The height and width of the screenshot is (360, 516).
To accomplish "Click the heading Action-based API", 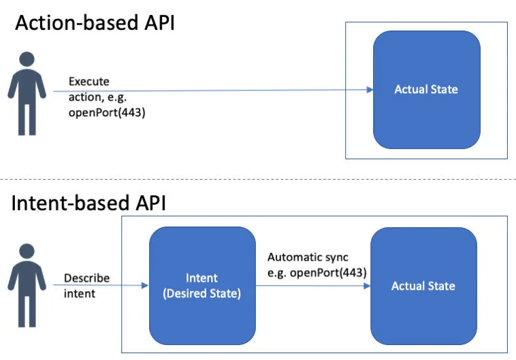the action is tap(95, 23).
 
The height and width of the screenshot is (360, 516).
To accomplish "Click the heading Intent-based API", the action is tap(88, 203).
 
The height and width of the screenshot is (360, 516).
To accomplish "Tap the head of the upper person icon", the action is tap(27, 59).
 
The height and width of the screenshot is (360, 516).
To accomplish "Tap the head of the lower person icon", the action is tap(27, 251).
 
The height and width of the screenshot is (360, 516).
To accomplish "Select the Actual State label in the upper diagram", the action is tap(426, 89).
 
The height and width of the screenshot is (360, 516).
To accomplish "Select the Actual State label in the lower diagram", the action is tap(423, 286).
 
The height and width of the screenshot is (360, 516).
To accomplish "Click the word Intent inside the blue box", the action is tap(201, 278).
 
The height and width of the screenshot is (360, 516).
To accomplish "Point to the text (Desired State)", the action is tap(201, 293).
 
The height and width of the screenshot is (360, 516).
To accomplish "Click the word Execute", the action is tap(89, 81).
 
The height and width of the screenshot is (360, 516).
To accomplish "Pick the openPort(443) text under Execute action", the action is tap(107, 112).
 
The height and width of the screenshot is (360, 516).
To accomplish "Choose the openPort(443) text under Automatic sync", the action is tap(328, 273).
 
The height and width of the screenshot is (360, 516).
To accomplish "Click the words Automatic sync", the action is tap(308, 257).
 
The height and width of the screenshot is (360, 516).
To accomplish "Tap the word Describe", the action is tap(87, 278).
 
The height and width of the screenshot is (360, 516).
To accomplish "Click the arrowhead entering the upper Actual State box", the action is tap(370, 90).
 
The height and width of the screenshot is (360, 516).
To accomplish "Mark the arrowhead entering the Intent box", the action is tap(145, 285).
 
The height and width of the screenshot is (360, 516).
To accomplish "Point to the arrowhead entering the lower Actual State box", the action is tap(367, 286).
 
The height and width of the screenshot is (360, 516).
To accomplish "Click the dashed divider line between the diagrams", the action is tap(258, 180).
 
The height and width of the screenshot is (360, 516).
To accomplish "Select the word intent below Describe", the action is tap(80, 293).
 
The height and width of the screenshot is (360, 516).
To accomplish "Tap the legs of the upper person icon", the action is tap(27, 119).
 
